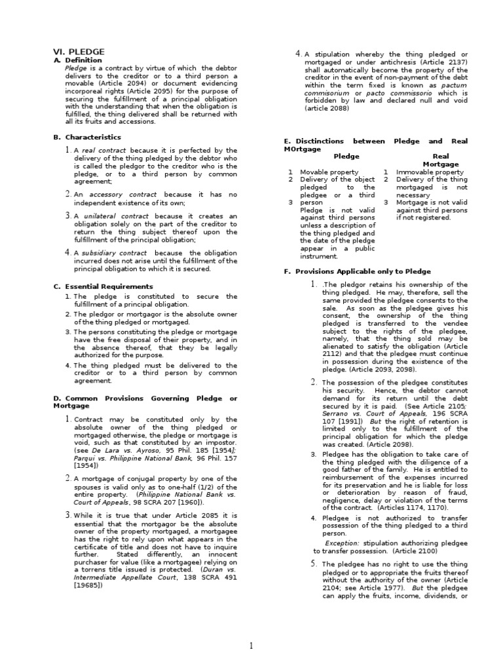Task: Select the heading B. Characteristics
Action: click(x=87, y=137)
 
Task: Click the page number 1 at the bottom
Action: click(x=251, y=646)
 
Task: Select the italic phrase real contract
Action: click(x=104, y=151)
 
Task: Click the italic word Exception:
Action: click(x=342, y=543)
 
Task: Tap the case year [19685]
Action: click(x=89, y=585)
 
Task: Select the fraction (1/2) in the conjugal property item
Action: click(x=194, y=487)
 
